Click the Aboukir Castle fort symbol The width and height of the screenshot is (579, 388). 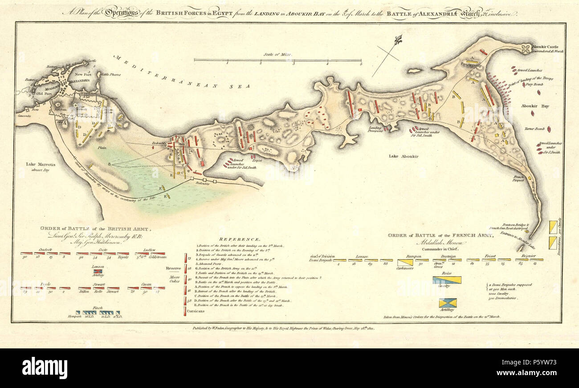click(526, 48)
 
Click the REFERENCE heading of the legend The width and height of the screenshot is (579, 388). click(243, 239)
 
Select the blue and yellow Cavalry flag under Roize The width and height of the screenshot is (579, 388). click(447, 280)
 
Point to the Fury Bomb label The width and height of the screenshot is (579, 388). click(535, 84)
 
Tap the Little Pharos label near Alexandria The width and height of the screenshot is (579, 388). click(106, 75)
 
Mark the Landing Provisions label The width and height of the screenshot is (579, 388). click(375, 129)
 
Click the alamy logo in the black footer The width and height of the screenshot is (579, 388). click(45, 368)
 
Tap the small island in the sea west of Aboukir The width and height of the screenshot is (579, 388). click(414, 71)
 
